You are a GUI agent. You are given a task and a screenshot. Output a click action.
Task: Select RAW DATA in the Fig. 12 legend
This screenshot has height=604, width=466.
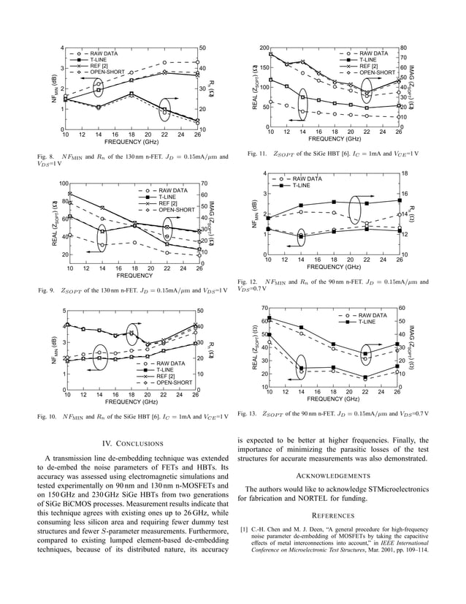pos(311,178)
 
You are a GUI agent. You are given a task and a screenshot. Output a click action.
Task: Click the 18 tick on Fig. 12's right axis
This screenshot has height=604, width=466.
pos(407,174)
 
